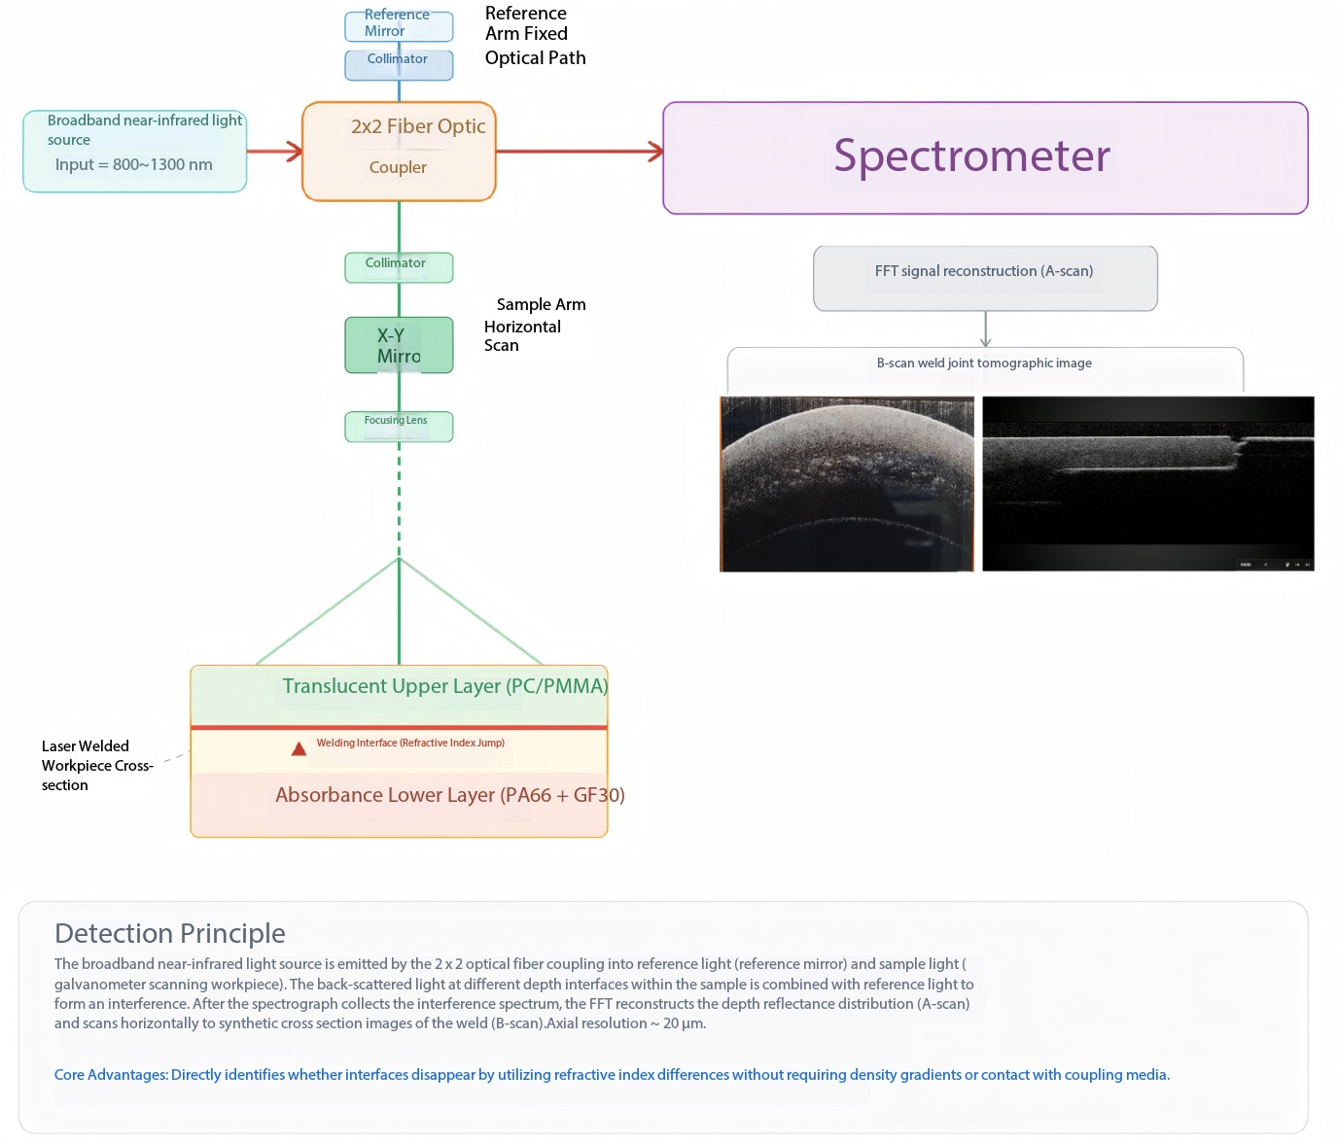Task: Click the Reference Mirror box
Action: point(398,26)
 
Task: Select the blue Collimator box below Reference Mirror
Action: point(398,65)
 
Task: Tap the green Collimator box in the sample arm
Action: point(398,267)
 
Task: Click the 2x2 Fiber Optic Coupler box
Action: point(398,151)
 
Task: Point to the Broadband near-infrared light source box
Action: point(134,151)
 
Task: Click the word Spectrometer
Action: point(971,156)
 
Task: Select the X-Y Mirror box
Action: point(398,345)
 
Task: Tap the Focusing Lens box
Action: point(398,427)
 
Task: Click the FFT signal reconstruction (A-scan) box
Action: point(985,278)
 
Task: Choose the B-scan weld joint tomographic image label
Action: point(984,363)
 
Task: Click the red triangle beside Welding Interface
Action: point(299,748)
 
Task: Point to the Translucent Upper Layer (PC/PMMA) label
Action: point(444,685)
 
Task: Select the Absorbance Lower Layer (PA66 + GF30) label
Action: point(450,794)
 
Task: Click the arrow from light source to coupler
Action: point(274,152)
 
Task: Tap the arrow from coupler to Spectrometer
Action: point(580,152)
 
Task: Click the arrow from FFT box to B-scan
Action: point(985,329)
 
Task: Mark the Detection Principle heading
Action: point(169,933)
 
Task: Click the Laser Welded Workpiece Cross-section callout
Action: point(97,765)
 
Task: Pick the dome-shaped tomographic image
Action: point(847,484)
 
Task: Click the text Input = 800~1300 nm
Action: point(133,164)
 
